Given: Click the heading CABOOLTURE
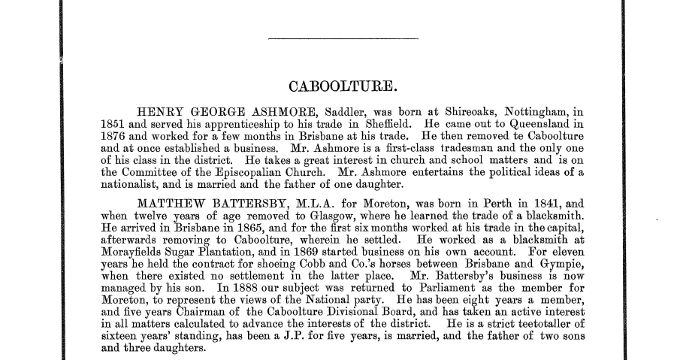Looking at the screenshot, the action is point(342,87).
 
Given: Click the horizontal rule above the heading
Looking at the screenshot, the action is point(342,38).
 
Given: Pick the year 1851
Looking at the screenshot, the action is point(113,124).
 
